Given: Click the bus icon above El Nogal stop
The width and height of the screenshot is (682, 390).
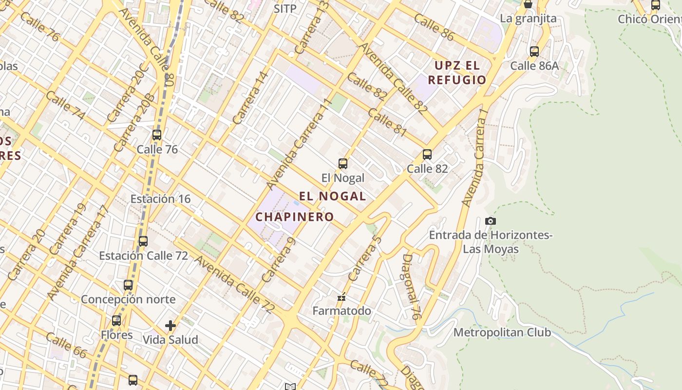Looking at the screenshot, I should (x=343, y=164).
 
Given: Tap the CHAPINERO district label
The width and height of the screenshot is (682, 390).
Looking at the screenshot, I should (x=295, y=217).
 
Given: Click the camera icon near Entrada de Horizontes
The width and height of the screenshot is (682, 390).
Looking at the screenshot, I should (x=491, y=221).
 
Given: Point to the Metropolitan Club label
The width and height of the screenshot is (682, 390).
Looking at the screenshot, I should (x=502, y=332).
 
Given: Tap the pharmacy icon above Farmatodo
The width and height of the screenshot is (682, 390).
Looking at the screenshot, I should (x=341, y=297).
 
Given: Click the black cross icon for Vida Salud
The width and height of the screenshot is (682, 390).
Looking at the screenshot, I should (x=170, y=325).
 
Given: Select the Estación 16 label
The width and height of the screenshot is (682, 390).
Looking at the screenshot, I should (x=160, y=199).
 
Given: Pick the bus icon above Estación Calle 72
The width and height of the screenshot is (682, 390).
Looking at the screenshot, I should (x=143, y=241).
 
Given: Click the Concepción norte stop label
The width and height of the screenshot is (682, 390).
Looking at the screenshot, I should (x=128, y=299).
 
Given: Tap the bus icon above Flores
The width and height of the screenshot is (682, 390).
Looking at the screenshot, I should (x=116, y=321).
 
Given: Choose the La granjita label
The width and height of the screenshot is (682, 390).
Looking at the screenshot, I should (x=528, y=19).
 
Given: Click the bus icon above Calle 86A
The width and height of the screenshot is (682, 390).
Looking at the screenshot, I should (x=534, y=51).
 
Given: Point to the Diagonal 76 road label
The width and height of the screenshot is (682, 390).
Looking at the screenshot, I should (x=411, y=287).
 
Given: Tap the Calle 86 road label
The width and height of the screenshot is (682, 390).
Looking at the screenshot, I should (x=434, y=27).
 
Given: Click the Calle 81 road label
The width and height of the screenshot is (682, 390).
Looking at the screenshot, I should (x=387, y=122).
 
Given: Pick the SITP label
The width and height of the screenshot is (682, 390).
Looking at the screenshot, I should (x=285, y=9).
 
